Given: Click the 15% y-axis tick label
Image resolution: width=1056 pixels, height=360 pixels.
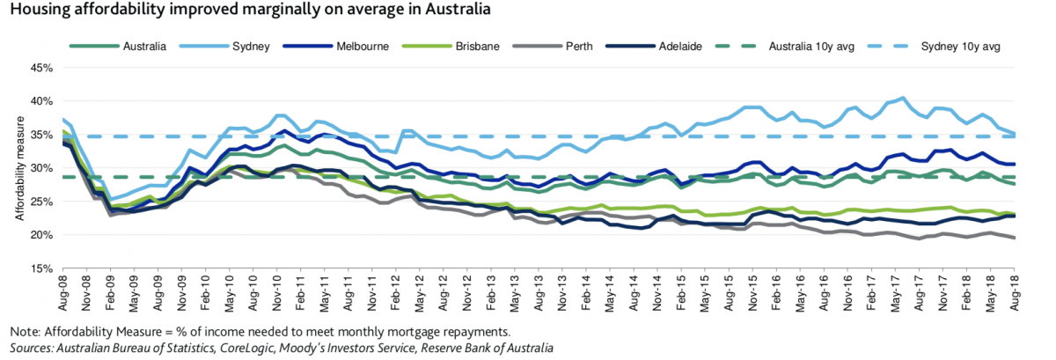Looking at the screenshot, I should [43, 268].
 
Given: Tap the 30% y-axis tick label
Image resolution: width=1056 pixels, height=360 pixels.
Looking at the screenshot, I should [43, 168].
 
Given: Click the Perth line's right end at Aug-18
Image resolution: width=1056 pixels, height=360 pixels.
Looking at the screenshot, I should [1015, 238].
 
